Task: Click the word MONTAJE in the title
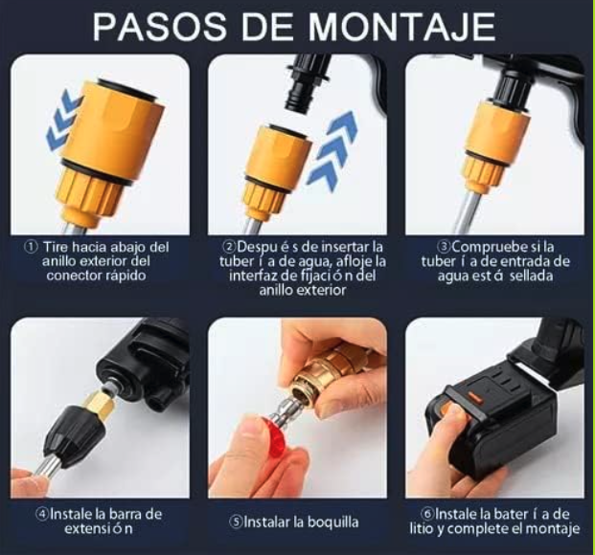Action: tap(402, 27)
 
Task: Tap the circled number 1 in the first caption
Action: tap(31, 247)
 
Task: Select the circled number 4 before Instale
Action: tap(42, 514)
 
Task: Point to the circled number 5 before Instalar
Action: tap(236, 522)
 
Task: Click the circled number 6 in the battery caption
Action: tap(427, 514)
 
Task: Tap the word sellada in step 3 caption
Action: tap(531, 276)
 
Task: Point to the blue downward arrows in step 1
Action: tap(64, 121)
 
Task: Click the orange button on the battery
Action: tap(474, 397)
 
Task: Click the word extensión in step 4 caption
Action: tap(99, 528)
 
